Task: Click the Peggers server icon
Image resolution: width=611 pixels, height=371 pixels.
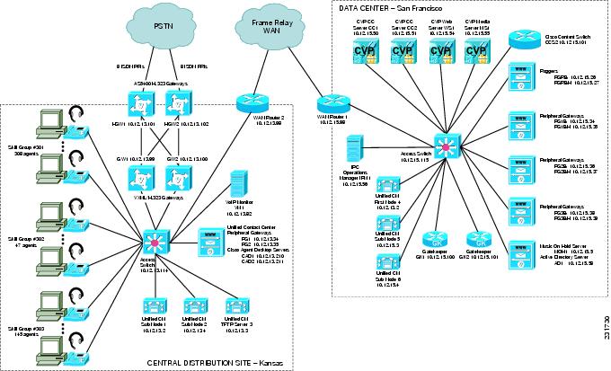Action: click(x=522, y=75)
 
